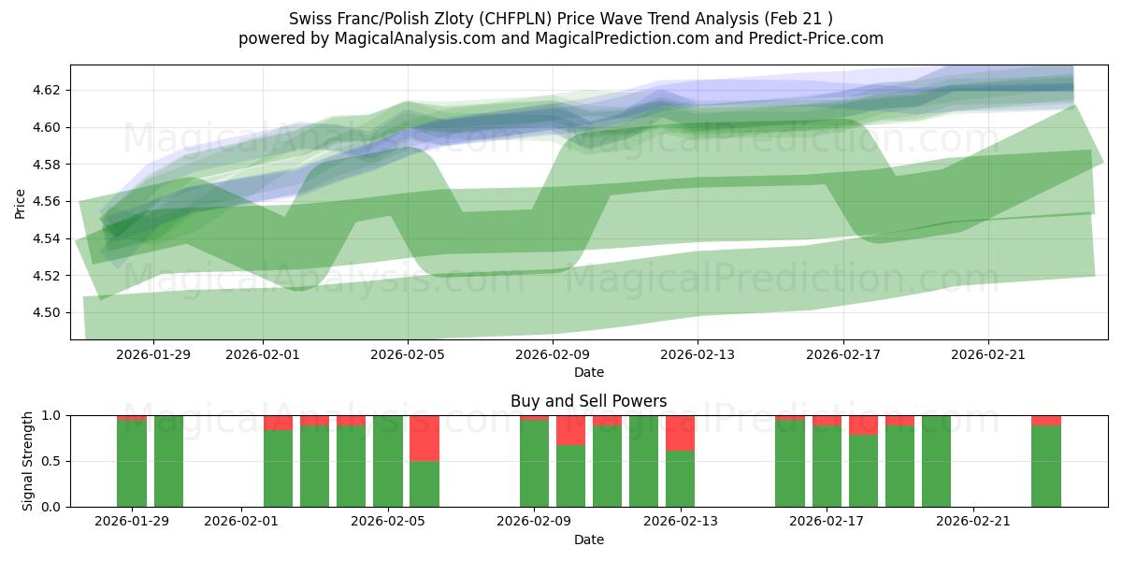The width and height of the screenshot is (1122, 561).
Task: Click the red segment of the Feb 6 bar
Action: click(424, 438)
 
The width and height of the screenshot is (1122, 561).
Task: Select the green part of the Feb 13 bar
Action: click(681, 479)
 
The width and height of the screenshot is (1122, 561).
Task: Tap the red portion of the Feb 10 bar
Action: click(570, 430)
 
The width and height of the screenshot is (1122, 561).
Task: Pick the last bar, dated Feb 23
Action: click(1046, 466)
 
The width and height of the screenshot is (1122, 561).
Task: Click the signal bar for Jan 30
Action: click(168, 461)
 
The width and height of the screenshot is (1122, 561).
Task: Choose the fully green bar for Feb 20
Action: click(936, 461)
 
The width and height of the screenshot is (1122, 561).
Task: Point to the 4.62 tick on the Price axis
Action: click(48, 91)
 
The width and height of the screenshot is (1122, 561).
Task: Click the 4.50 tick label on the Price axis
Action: click(48, 313)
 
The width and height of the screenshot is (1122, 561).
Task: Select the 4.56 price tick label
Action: click(48, 202)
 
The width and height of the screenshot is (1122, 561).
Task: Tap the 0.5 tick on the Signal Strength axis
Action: click(52, 461)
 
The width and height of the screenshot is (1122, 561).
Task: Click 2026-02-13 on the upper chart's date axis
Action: click(698, 354)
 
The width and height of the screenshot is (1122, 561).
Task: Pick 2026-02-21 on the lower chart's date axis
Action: click(974, 521)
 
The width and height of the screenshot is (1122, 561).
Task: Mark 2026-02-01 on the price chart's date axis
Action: click(263, 354)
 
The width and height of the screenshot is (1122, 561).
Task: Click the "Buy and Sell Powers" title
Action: click(589, 401)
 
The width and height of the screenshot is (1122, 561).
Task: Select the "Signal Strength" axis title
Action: click(28, 461)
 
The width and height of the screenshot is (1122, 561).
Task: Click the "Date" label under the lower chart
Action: click(589, 539)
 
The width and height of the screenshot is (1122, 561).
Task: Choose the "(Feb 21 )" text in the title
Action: click(798, 18)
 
